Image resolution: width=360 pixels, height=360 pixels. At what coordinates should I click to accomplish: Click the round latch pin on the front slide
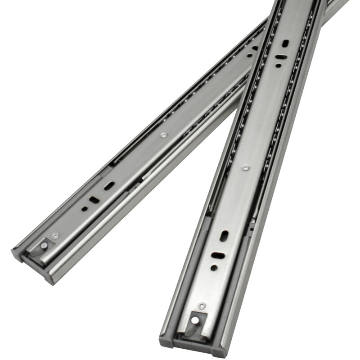(x=195, y=320)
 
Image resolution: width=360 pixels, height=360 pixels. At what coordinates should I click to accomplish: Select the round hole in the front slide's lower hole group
(x=214, y=267)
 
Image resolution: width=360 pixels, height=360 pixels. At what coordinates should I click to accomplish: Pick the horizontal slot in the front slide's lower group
(x=217, y=255)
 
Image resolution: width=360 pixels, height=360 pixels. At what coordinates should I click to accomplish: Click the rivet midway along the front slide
(x=245, y=168)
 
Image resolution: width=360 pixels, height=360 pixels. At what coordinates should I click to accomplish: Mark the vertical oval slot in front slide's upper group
(x=285, y=44)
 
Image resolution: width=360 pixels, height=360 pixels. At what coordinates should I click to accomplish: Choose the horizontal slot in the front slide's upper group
(x=280, y=58)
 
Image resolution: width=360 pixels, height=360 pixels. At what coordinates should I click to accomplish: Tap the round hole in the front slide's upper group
(x=279, y=66)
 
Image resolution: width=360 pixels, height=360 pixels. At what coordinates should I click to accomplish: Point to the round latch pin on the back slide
(x=44, y=245)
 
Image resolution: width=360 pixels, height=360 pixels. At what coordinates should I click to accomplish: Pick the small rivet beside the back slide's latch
(x=55, y=235)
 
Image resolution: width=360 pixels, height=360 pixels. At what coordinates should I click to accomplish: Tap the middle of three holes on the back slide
(x=94, y=200)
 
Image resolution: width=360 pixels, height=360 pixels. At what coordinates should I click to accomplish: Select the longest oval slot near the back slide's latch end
(x=109, y=185)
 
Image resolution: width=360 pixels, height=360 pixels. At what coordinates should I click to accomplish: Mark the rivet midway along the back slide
(x=163, y=135)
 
